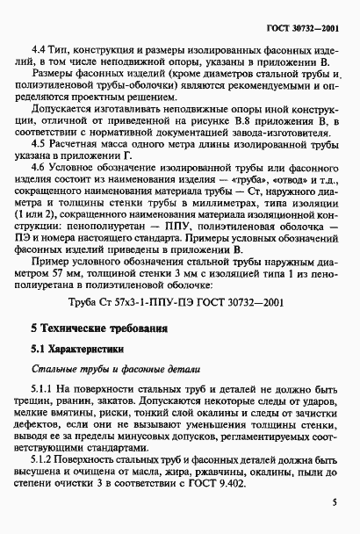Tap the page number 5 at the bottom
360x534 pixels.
pos(334,503)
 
